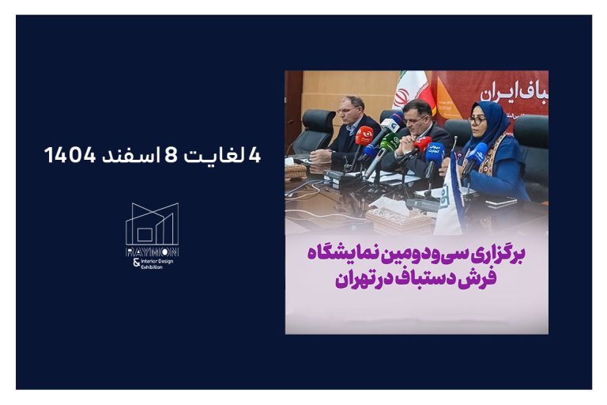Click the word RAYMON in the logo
[x=152, y=252]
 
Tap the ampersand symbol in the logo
[x=136, y=262]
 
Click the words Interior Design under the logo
[x=156, y=260]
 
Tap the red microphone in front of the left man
[x=364, y=135]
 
